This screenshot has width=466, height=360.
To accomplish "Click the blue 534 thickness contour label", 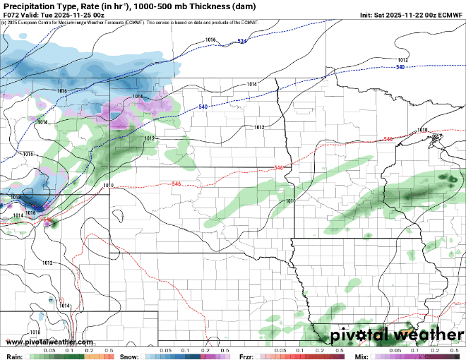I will (x=242, y=42).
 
